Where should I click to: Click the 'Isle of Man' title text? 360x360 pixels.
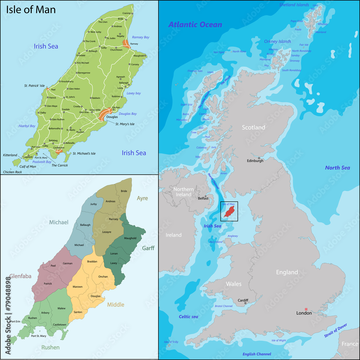click(x=31, y=9)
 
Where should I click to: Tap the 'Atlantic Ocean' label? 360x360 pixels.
click(x=195, y=24)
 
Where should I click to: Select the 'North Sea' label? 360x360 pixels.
click(x=337, y=167)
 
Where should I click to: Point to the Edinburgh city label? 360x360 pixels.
click(x=255, y=161)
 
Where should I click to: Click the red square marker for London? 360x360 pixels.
click(x=306, y=309)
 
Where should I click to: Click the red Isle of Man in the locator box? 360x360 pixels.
click(x=229, y=212)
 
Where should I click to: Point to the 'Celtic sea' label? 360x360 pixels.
click(x=188, y=316)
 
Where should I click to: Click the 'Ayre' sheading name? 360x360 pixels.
click(x=142, y=198)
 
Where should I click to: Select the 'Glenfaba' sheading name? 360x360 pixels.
click(x=20, y=276)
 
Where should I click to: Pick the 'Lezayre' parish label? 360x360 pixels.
click(x=107, y=232)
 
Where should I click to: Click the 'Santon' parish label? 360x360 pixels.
click(x=78, y=312)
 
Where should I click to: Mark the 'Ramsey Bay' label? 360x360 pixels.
click(x=140, y=37)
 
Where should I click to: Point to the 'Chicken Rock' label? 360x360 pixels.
click(x=13, y=172)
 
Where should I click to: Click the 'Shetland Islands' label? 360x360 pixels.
click(x=294, y=5)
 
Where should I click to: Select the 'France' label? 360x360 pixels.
click(x=350, y=344)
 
